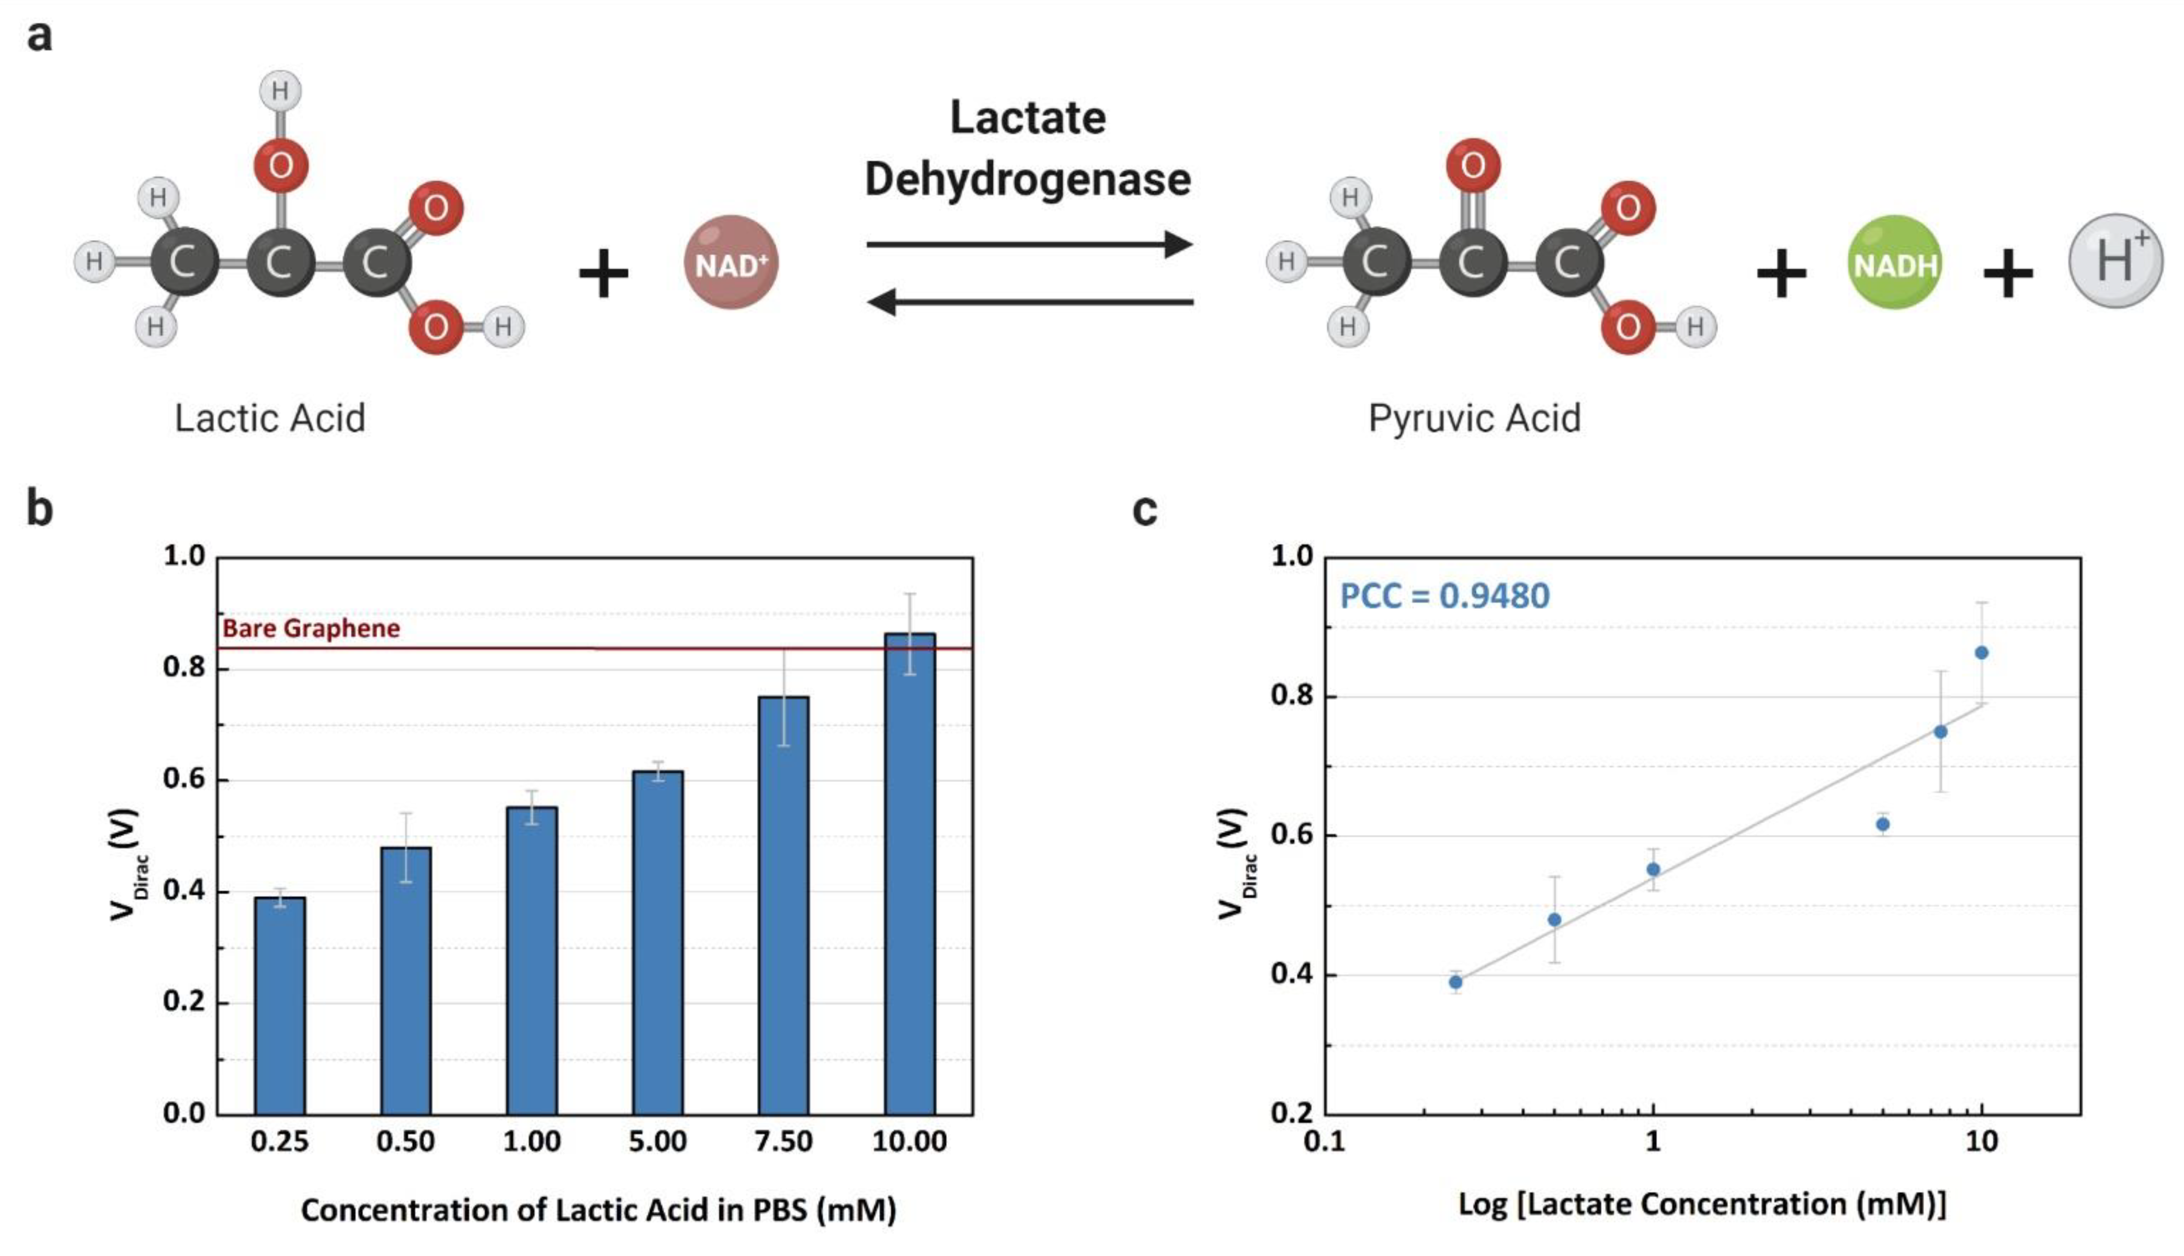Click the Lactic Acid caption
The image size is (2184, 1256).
tap(270, 418)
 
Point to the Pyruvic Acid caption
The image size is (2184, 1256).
tap(1474, 418)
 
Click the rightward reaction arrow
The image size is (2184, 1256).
tap(1029, 244)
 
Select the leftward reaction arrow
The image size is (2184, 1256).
tap(1029, 302)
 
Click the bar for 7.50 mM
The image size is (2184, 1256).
tap(784, 906)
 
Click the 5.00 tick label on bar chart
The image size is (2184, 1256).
tap(658, 1141)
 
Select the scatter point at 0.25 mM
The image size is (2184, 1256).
tap(1455, 981)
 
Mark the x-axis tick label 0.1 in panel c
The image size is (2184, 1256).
tap(1325, 1141)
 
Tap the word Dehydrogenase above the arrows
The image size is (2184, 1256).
tap(1028, 179)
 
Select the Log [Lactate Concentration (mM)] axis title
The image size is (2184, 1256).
tap(1701, 1203)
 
